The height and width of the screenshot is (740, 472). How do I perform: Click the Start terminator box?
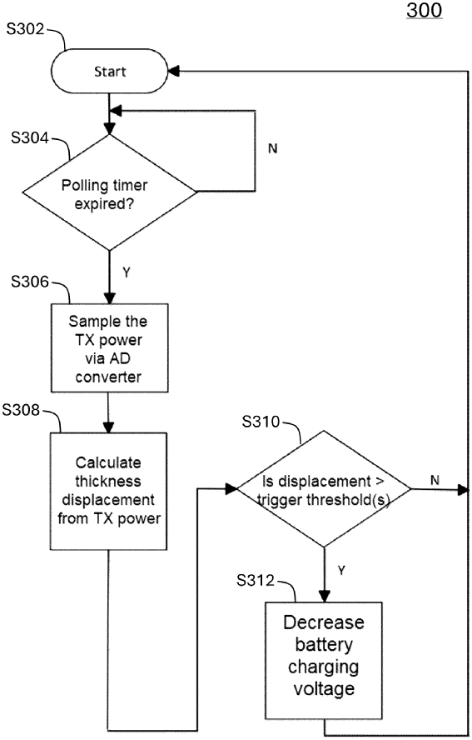[x=110, y=72]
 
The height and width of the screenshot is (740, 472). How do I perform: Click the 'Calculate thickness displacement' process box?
[x=110, y=492]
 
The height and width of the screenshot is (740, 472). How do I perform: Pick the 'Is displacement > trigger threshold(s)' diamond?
[x=324, y=489]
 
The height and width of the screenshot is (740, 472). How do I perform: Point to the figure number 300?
[x=424, y=11]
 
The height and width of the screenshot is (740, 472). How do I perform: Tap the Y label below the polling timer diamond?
[x=127, y=272]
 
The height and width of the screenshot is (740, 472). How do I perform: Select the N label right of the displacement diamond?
[x=435, y=480]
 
